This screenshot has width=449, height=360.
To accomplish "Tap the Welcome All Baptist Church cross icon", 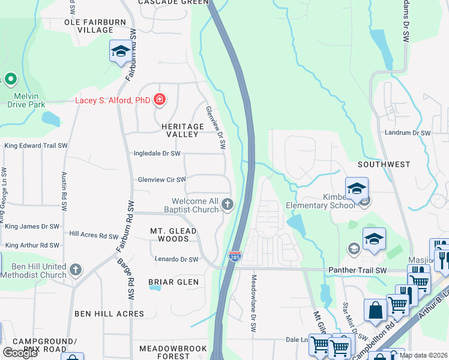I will [x=228, y=205].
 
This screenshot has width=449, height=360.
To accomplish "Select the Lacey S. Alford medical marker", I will [x=159, y=100].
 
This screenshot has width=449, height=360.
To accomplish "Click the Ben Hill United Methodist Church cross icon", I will [x=76, y=269].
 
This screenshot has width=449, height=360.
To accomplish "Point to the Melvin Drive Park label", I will [x=26, y=100].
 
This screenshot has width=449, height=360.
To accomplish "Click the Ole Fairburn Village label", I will [x=88, y=26].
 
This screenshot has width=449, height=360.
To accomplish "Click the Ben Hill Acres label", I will [x=109, y=313].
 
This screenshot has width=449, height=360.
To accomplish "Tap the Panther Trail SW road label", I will [x=357, y=271].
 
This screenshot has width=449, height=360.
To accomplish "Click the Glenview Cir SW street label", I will [x=161, y=179].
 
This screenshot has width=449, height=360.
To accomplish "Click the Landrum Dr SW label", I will [x=409, y=133].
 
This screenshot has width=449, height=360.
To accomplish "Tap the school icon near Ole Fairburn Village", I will [x=121, y=52].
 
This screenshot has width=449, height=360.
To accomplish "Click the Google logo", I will [x=20, y=353].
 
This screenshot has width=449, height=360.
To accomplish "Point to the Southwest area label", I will [x=384, y=164].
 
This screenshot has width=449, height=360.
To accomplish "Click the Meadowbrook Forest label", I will [x=173, y=352].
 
